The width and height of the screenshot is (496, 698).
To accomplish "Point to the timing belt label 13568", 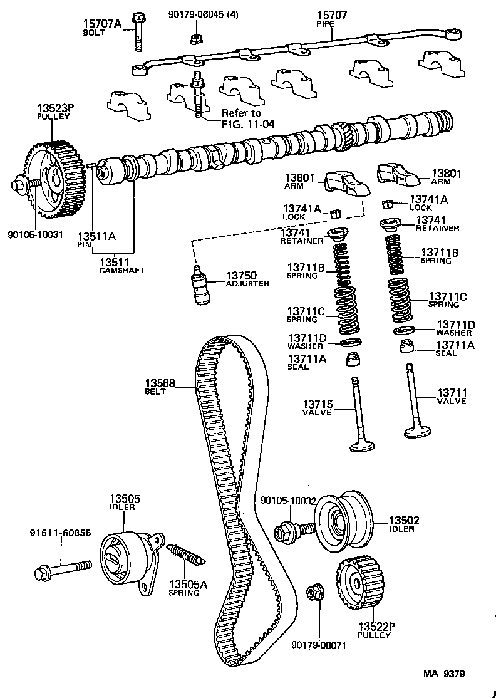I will click(160, 387).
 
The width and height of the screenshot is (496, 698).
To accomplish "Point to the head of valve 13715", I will click(362, 446).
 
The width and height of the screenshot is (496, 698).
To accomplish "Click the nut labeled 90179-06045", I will click(194, 40).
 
